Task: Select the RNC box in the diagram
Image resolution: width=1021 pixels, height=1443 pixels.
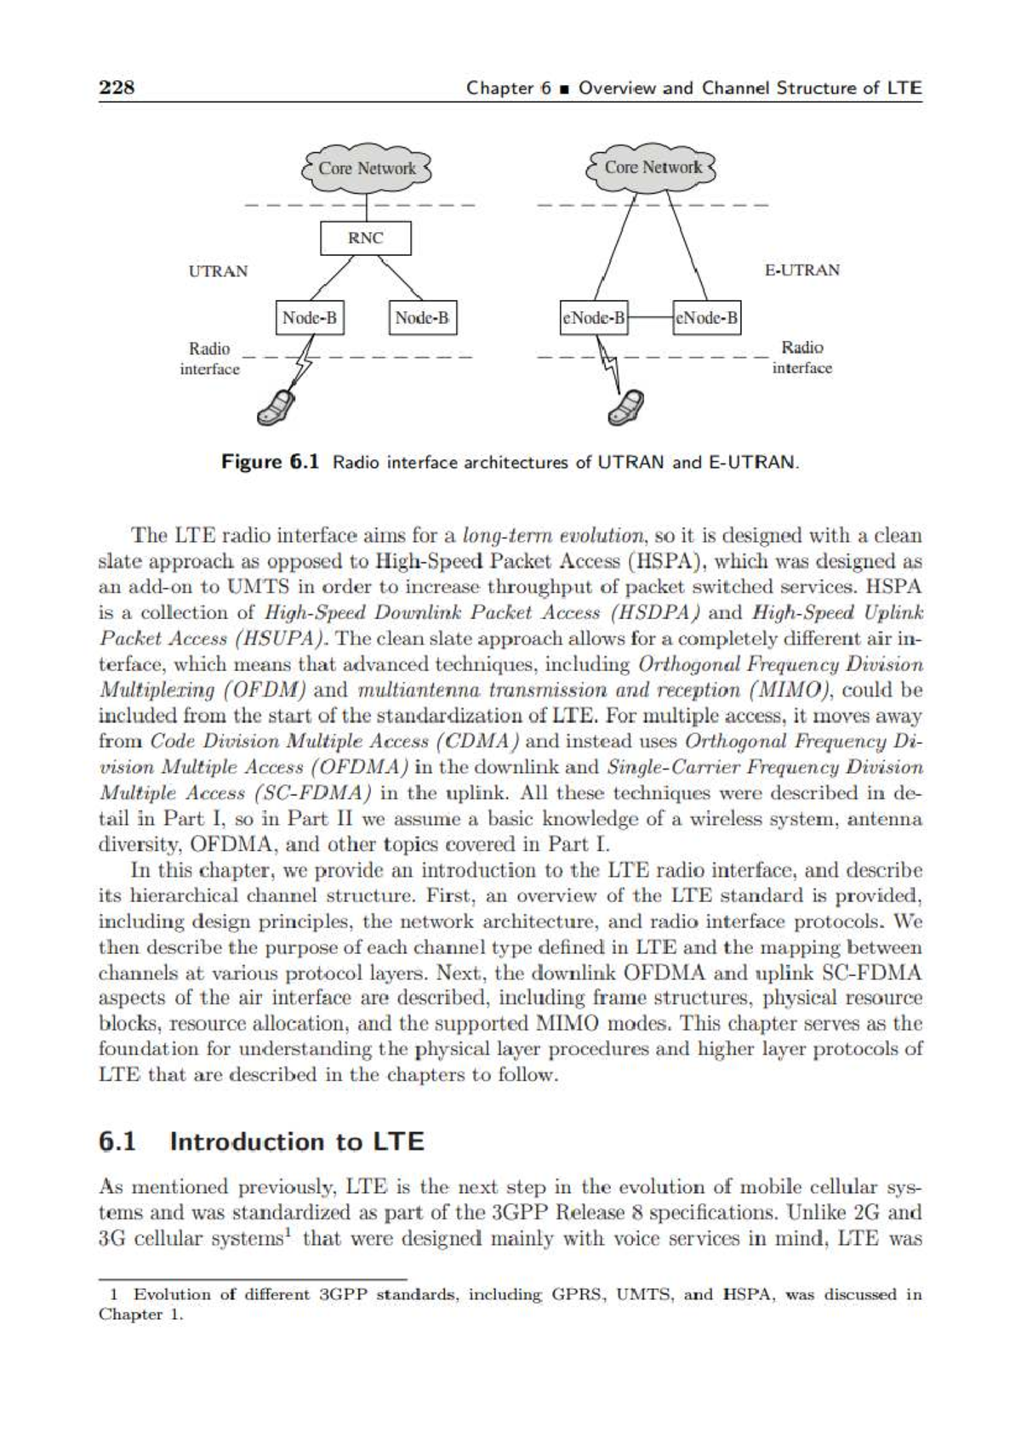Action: coord(366,238)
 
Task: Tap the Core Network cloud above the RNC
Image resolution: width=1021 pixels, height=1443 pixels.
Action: coord(367,168)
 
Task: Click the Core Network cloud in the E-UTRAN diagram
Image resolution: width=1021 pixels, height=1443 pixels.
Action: coord(653,168)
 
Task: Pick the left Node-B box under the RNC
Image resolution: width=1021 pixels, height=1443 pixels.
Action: coord(310,319)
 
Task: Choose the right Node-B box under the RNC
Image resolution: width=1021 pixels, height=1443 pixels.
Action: coord(423,319)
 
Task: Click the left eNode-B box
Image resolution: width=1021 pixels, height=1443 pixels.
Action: coord(594,319)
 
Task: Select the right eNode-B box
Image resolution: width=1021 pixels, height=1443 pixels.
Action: coord(706,319)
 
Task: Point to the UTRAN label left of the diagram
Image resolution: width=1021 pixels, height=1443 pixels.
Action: coord(218,271)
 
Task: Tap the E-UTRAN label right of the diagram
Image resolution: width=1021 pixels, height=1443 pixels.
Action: coord(801,270)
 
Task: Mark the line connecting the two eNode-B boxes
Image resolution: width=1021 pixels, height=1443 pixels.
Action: coord(650,319)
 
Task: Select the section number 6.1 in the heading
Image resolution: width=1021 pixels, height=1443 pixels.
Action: coord(118,1141)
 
